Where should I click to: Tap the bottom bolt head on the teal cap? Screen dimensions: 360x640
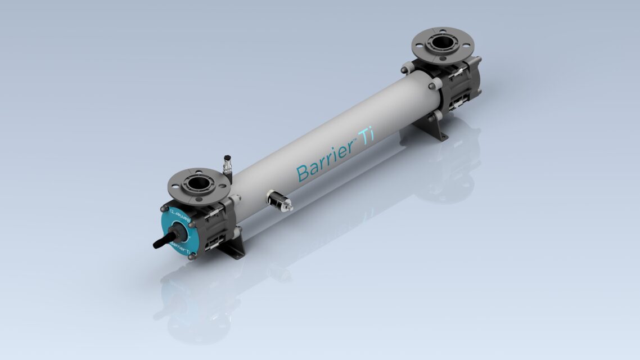(x=192, y=256)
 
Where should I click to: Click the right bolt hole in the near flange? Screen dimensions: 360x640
(x=222, y=184)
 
